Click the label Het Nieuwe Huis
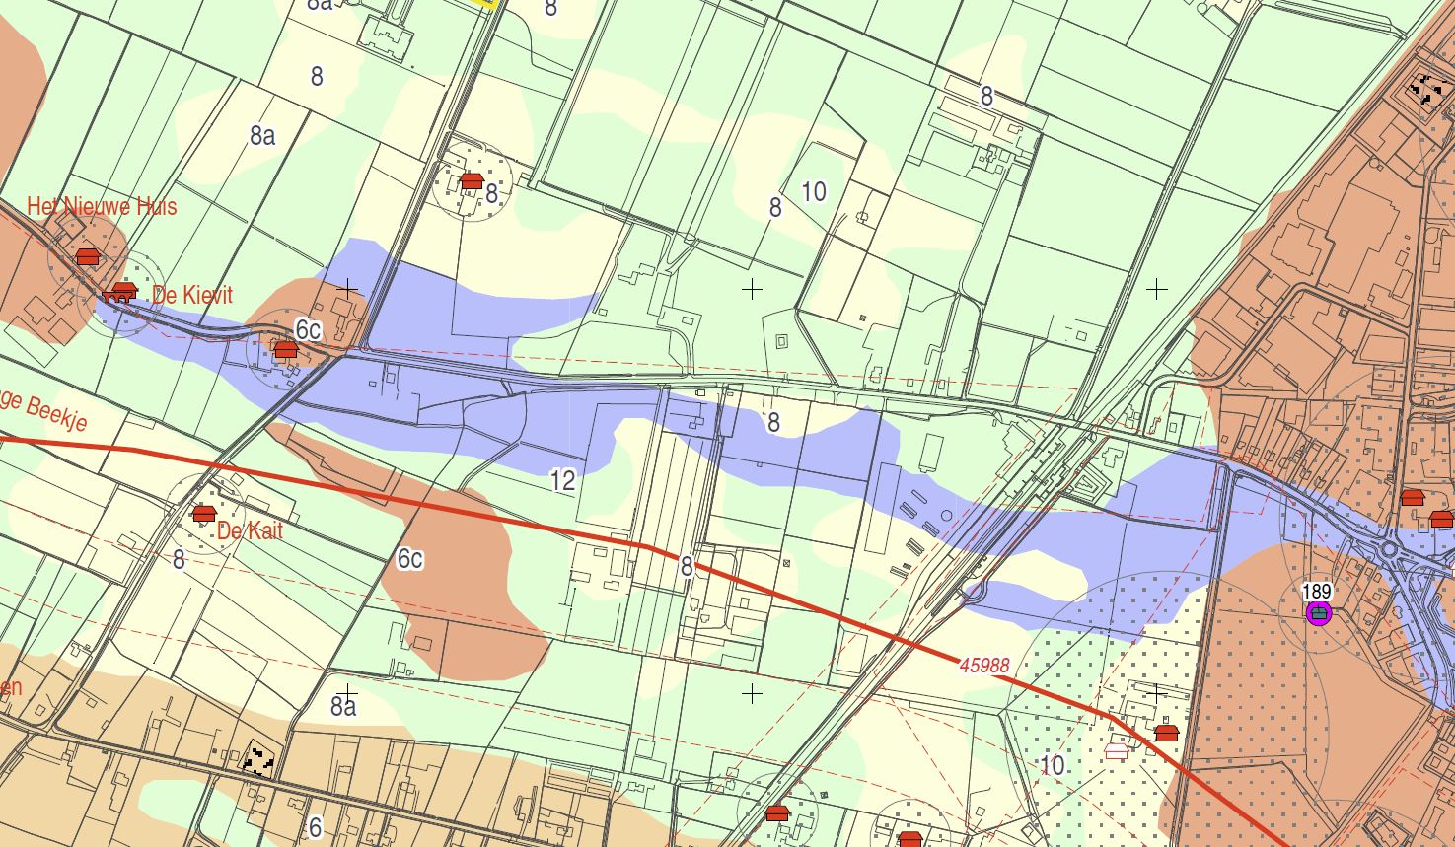click(102, 206)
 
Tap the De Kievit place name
click(192, 295)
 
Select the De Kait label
click(250, 530)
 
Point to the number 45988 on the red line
click(984, 666)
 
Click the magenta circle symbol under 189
click(1318, 614)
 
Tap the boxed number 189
click(1317, 592)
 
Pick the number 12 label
click(562, 481)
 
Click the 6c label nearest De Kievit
click(309, 329)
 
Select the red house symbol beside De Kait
click(204, 514)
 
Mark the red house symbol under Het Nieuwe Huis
click(88, 257)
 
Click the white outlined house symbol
click(1117, 751)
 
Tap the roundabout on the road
click(1390, 548)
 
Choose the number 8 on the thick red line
click(687, 567)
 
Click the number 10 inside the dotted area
click(1053, 765)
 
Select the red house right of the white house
click(1167, 733)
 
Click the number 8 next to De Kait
click(179, 560)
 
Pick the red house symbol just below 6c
click(285, 349)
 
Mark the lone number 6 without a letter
click(316, 826)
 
